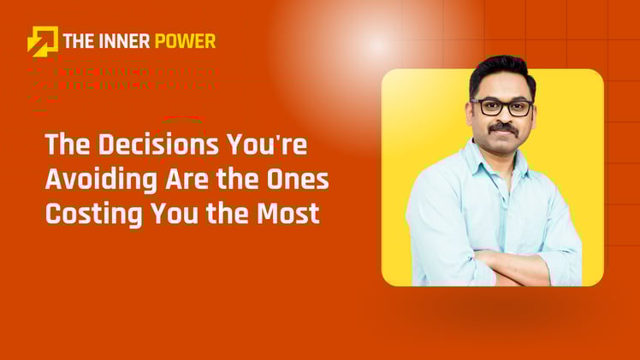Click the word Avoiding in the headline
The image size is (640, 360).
(90, 179)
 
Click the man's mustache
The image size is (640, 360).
(503, 129)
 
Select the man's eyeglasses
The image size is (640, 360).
(501, 108)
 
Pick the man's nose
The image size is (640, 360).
(503, 117)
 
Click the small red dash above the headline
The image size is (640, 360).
(182, 117)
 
